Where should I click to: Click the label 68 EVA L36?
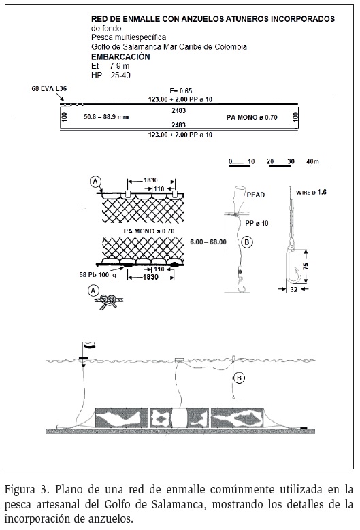[49, 89]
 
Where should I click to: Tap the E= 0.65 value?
[181, 91]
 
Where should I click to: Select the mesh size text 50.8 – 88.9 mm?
[106, 117]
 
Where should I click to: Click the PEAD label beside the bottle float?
[256, 195]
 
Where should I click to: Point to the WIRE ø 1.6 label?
[311, 193]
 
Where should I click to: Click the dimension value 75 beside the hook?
[306, 266]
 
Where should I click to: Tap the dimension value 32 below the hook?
[293, 289]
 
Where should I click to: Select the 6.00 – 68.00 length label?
[208, 242]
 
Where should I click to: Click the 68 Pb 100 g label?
[98, 275]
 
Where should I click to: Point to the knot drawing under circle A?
[109, 301]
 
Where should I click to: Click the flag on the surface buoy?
[89, 344]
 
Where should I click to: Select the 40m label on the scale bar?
[312, 161]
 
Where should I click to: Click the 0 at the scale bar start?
[230, 161]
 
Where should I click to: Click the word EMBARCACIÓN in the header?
[120, 56]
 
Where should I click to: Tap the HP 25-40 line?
[110, 76]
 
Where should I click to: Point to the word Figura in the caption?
[20, 490]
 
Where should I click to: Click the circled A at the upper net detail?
[95, 182]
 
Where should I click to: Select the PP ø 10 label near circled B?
[257, 223]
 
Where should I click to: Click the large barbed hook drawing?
[293, 264]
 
